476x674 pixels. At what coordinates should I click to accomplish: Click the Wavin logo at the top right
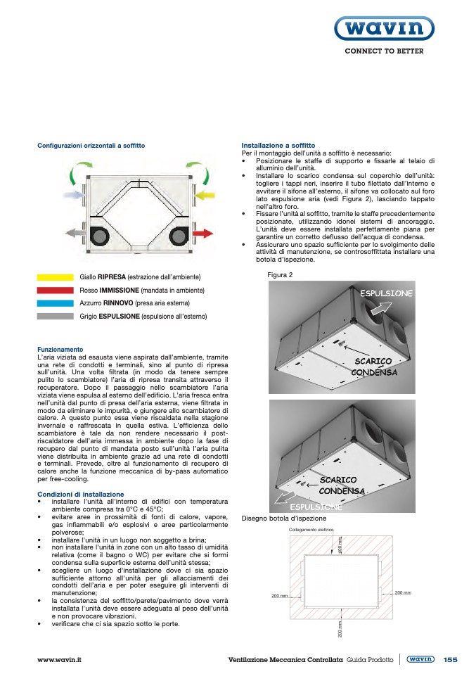click(383, 30)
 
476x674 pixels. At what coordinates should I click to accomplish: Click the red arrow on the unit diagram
click(202, 232)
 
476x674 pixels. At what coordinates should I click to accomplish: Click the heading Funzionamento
click(60, 349)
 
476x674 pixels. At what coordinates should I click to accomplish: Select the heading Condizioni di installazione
click(80, 494)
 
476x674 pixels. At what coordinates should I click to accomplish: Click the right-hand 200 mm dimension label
click(403, 593)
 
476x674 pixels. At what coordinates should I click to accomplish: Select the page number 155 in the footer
click(450, 659)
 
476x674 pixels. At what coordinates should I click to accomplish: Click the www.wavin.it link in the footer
click(60, 659)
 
